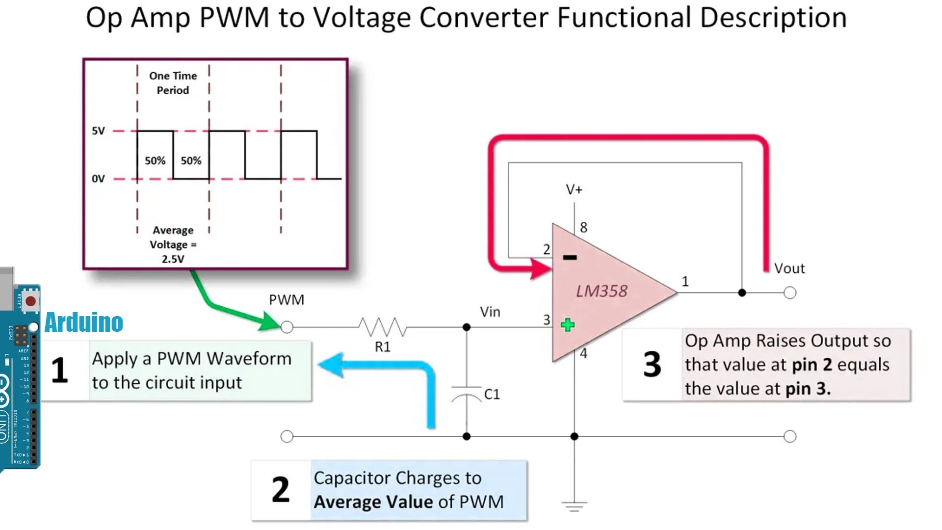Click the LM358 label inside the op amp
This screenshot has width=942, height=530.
(602, 291)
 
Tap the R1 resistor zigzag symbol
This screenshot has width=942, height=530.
(383, 327)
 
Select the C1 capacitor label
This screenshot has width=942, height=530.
(492, 394)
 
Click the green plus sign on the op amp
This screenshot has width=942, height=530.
(568, 325)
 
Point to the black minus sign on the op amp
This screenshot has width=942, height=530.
(570, 257)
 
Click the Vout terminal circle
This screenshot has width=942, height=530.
(790, 293)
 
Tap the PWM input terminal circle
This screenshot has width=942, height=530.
(287, 327)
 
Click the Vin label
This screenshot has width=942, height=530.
(490, 312)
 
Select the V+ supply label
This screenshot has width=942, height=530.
(574, 189)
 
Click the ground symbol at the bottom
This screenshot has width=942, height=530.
(574, 506)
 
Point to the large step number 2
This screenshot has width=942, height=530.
(281, 490)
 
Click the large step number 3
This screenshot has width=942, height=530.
(652, 365)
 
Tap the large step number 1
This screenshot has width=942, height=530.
(59, 371)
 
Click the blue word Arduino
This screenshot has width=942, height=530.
(83, 322)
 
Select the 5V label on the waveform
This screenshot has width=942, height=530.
(98, 131)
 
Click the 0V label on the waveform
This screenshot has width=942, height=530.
(98, 179)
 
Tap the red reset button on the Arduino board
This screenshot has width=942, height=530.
(30, 301)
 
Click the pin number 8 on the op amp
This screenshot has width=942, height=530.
(583, 227)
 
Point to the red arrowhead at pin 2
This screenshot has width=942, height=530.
(543, 268)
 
